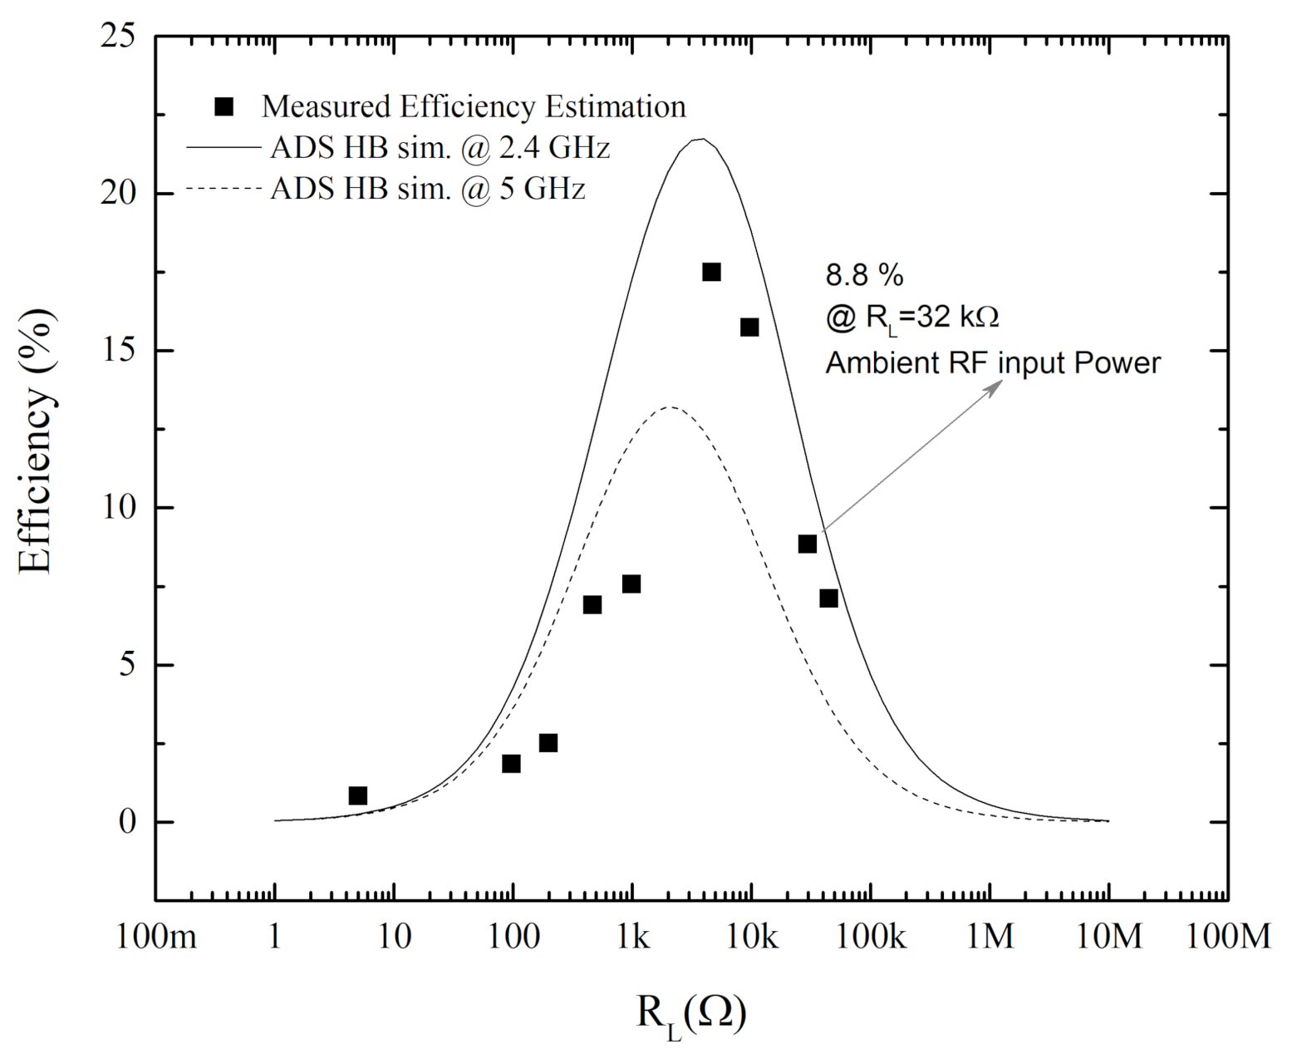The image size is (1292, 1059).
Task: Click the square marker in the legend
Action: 224,106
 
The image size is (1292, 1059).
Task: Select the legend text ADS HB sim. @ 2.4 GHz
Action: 440,148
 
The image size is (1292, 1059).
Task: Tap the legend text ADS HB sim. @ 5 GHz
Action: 427,189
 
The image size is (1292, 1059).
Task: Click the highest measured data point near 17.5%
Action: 711,272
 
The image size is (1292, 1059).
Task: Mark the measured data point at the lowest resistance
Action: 358,795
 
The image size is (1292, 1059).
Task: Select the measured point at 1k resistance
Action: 631,584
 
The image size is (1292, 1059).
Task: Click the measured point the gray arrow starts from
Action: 807,544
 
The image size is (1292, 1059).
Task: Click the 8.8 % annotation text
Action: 863,274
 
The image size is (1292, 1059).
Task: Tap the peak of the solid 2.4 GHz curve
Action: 700,139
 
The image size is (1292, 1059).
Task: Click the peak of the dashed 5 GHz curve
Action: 671,406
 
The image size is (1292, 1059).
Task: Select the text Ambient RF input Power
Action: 992,363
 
